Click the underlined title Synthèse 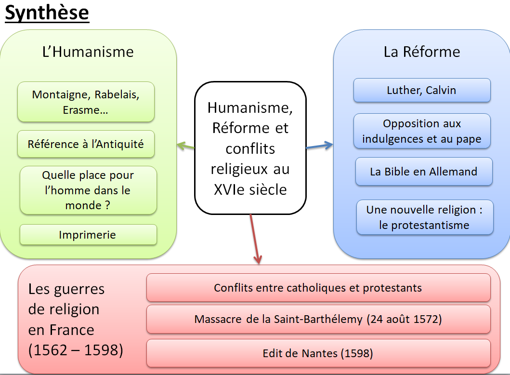pyautogui.click(x=47, y=13)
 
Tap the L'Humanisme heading pyautogui.click(x=88, y=52)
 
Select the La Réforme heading pyautogui.click(x=421, y=52)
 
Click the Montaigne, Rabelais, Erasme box pyautogui.click(x=86, y=102)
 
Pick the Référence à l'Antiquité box pyautogui.click(x=86, y=144)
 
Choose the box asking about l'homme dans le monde pyautogui.click(x=88, y=190)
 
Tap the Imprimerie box pyautogui.click(x=88, y=235)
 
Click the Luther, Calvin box pyautogui.click(x=421, y=90)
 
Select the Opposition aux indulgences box pyautogui.click(x=421, y=131)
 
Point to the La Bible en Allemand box pyautogui.click(x=423, y=172)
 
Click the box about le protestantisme pyautogui.click(x=424, y=217)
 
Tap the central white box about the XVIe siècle pyautogui.click(x=250, y=148)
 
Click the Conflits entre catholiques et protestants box pyautogui.click(x=318, y=288)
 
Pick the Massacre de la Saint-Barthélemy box pyautogui.click(x=318, y=319)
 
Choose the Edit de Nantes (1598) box pyautogui.click(x=318, y=353)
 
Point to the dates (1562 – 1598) pyautogui.click(x=76, y=350)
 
